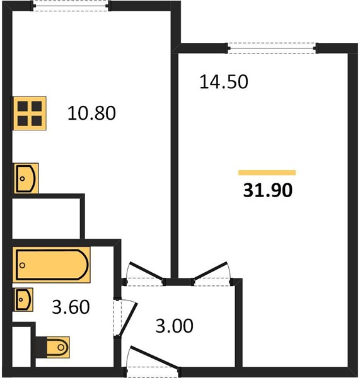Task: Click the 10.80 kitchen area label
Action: point(91,113)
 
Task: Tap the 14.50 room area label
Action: point(224,82)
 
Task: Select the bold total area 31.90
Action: point(268,190)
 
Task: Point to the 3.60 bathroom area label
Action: point(71,307)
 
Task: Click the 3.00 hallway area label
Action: point(174,326)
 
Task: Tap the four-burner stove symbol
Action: point(30,113)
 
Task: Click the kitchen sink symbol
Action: point(26,178)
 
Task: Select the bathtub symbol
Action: point(52,265)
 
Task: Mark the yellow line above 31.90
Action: point(267,173)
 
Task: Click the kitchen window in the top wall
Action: point(71,6)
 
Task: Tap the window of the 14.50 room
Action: point(272,48)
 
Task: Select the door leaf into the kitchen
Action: point(146,272)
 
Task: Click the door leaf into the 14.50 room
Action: point(211,271)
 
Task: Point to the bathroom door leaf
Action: point(128,319)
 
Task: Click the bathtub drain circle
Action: point(22,265)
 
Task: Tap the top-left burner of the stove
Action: point(23,106)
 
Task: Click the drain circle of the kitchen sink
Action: point(23,179)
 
